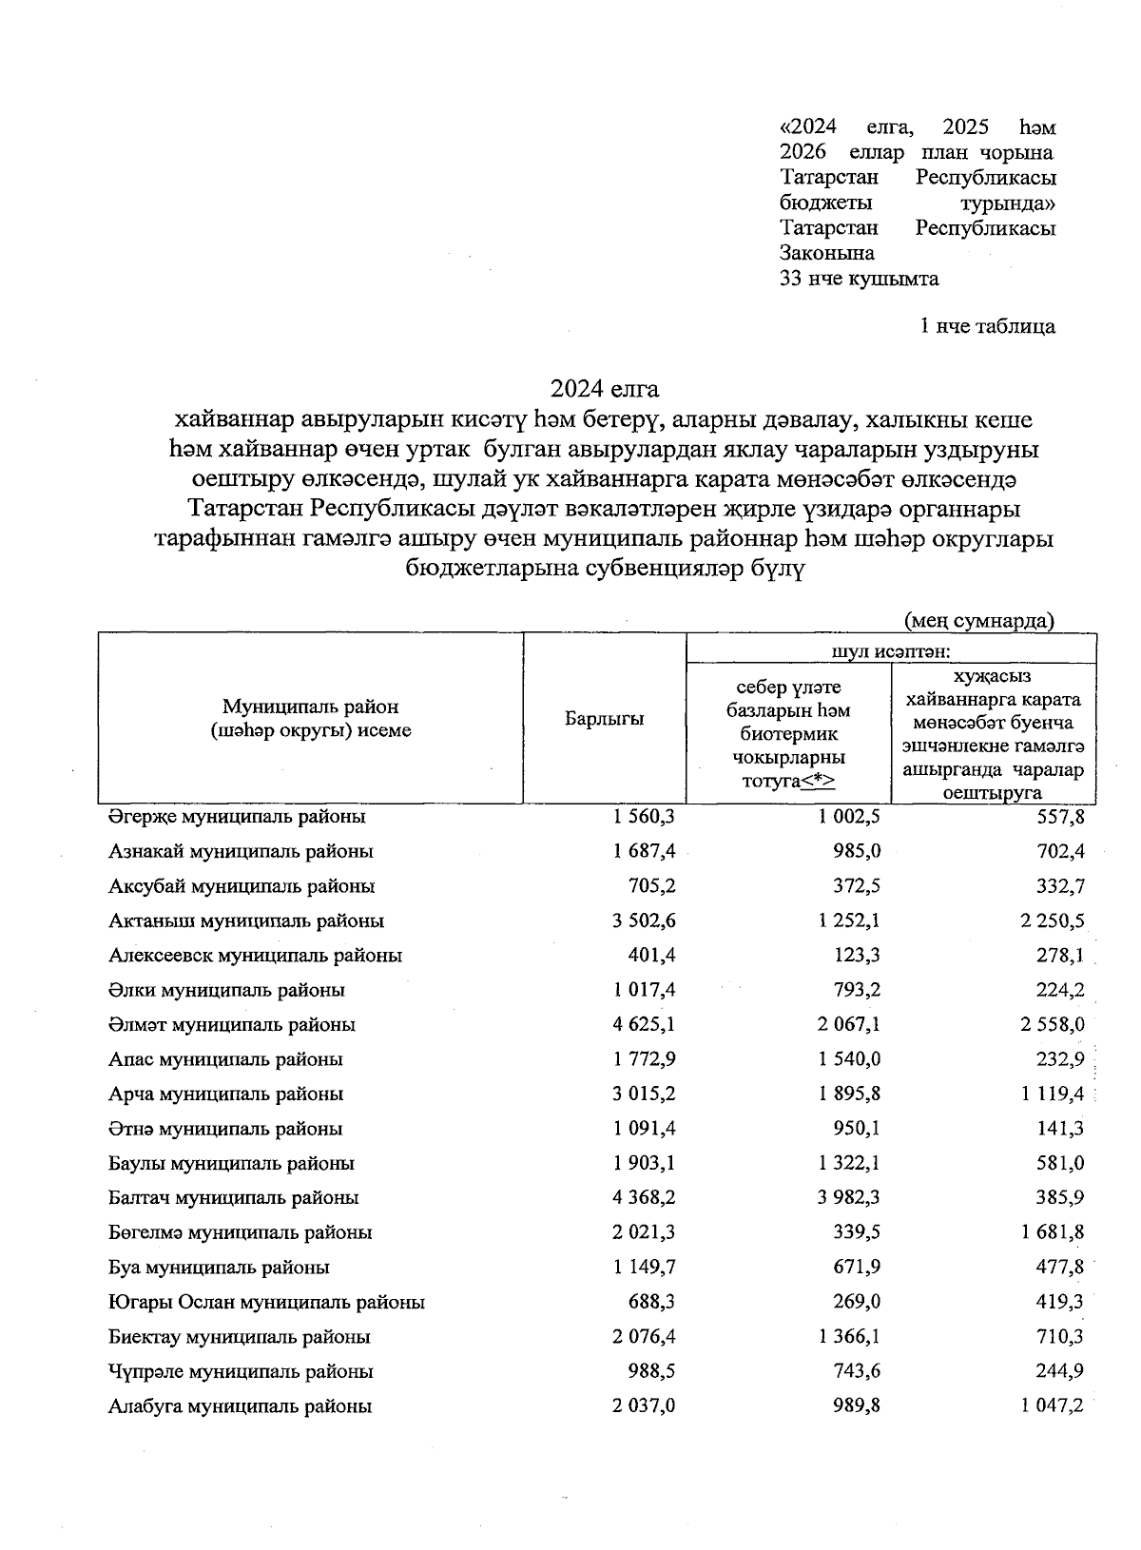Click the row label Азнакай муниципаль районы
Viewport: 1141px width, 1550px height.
pyautogui.click(x=241, y=851)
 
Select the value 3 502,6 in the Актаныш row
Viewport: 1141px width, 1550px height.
pyautogui.click(x=644, y=920)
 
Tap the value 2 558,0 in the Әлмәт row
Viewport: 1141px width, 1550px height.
pyautogui.click(x=1053, y=1025)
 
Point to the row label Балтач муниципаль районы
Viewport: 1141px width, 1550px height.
pyautogui.click(x=233, y=1198)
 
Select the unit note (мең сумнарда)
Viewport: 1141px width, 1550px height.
pyautogui.click(x=979, y=621)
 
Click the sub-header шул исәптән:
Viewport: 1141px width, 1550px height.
pyautogui.click(x=891, y=651)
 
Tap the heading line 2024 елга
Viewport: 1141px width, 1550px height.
pyautogui.click(x=604, y=389)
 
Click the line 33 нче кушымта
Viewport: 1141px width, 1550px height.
pyautogui.click(x=859, y=279)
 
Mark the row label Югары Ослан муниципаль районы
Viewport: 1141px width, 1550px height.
pyautogui.click(x=266, y=1302)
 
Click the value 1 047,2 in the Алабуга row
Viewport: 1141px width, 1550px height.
pyautogui.click(x=1053, y=1405)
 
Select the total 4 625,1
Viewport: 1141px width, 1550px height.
pyautogui.click(x=644, y=1025)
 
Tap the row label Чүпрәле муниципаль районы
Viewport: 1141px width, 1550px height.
pyautogui.click(x=241, y=1371)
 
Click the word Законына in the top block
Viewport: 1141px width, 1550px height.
pyautogui.click(x=826, y=253)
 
